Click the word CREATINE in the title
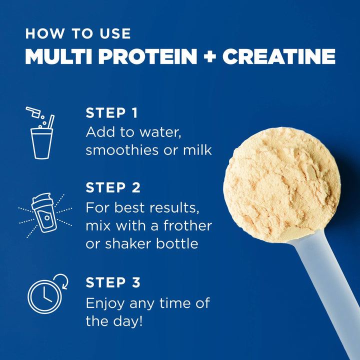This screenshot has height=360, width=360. (x=278, y=57)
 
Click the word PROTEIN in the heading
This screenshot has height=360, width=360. (x=147, y=57)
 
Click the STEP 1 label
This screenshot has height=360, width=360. (x=111, y=113)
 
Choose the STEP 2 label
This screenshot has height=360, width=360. (x=113, y=188)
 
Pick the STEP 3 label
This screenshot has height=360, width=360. (x=113, y=282)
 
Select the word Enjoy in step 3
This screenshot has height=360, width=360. (x=105, y=303)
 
